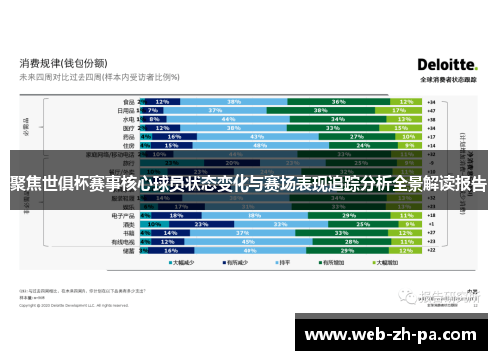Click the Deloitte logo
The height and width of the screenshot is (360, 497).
446,62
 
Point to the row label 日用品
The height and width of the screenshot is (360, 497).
125,110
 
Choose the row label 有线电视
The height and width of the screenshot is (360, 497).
123,241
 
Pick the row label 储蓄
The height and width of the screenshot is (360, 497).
127,250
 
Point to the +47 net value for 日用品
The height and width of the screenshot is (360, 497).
431,110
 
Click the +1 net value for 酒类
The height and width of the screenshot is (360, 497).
431,223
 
